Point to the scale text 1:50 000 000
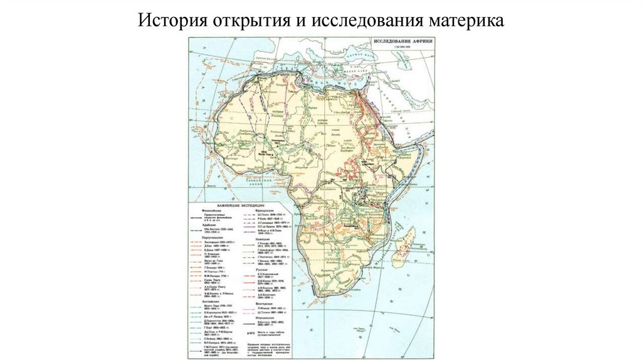(x=401, y=48)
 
